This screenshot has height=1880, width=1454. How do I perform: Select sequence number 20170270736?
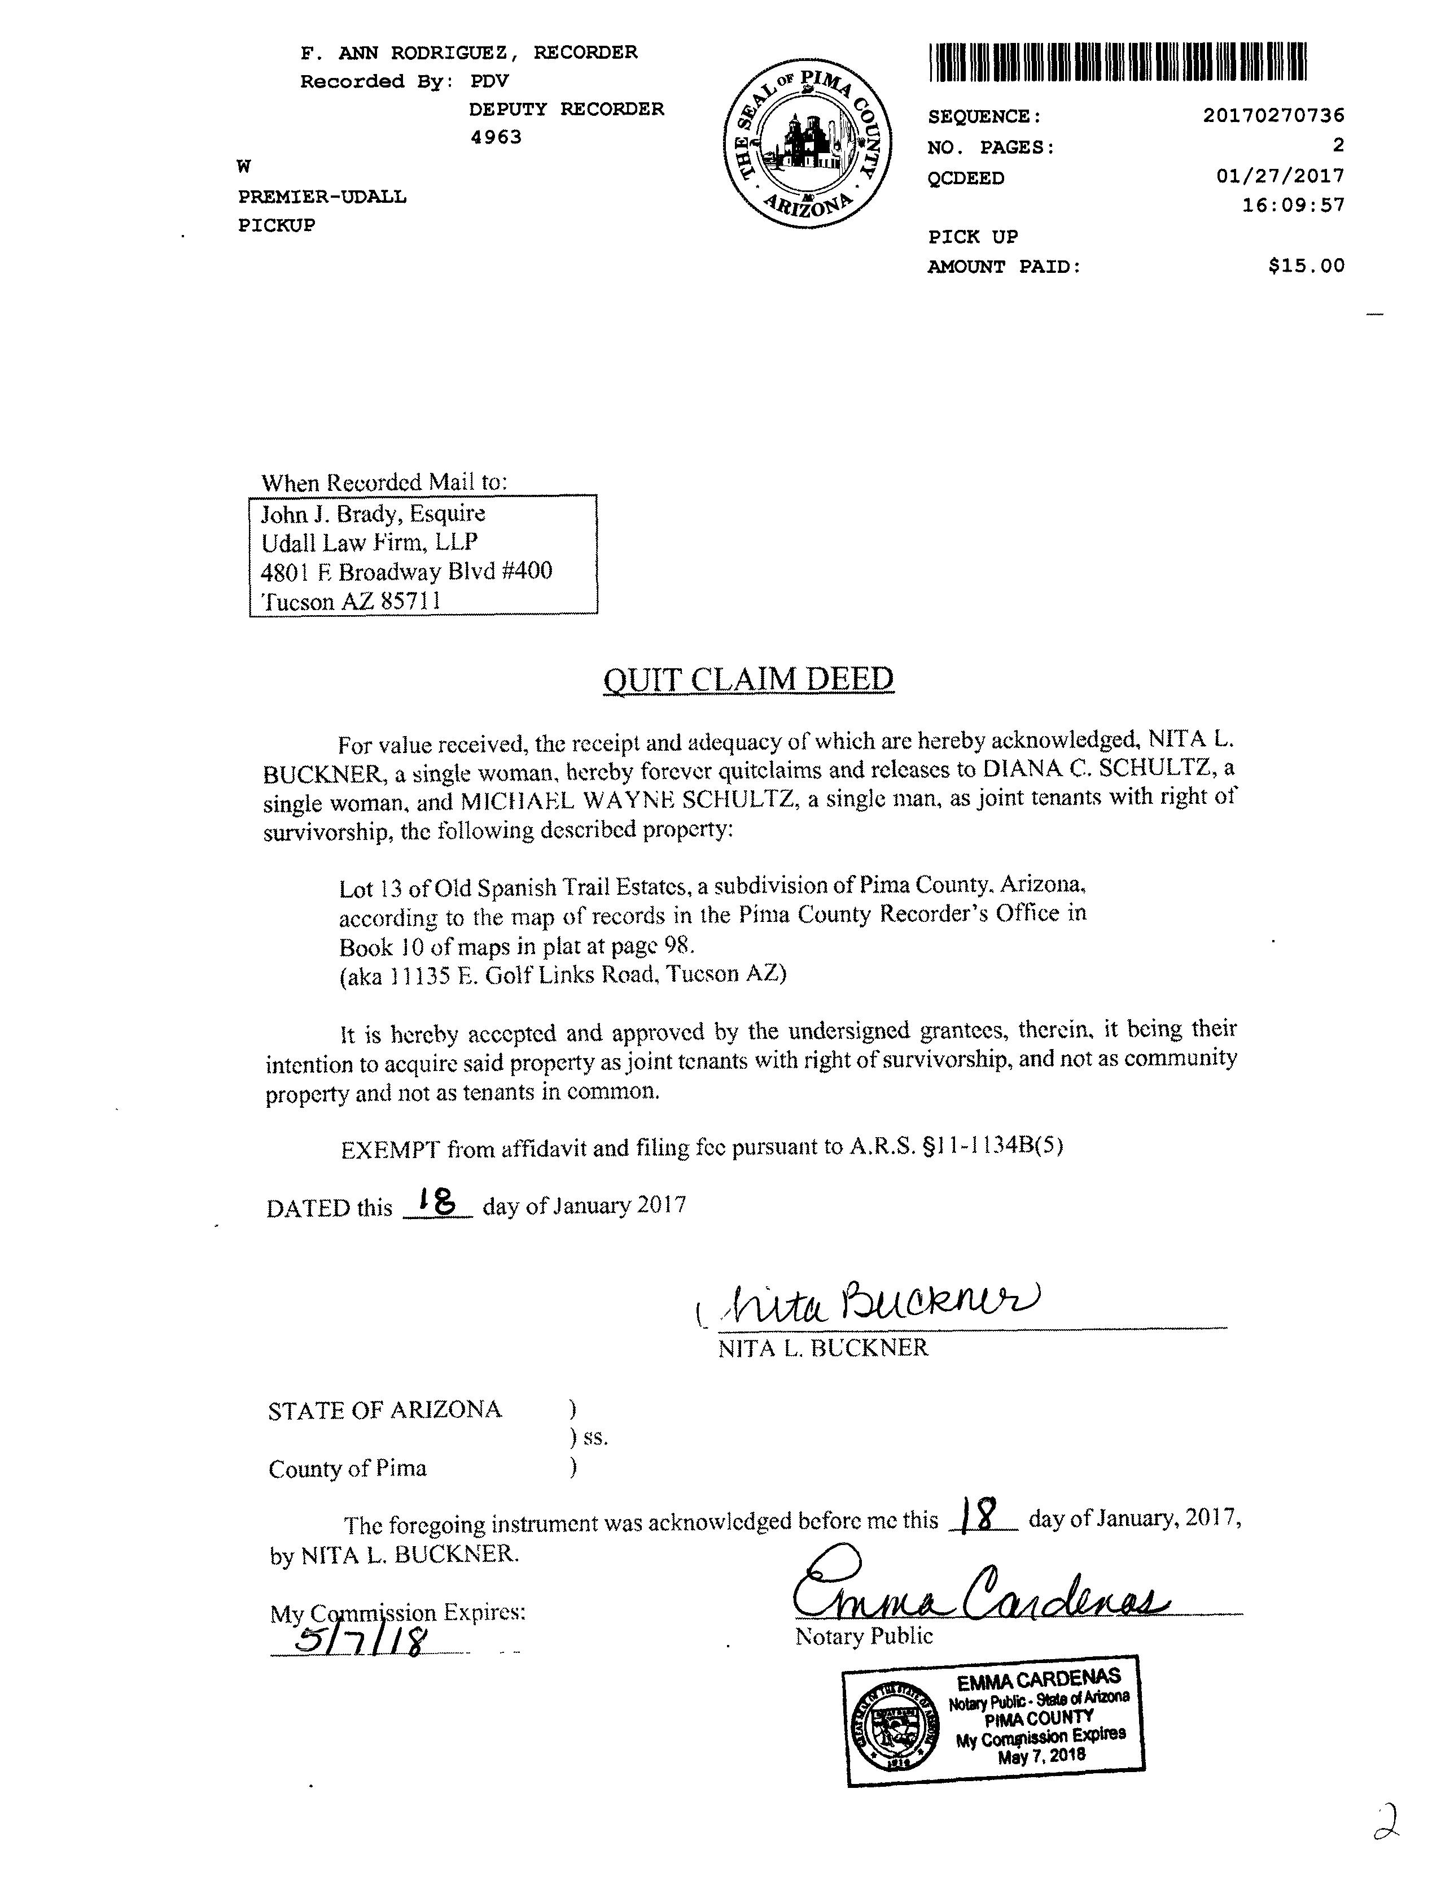pos(1273,115)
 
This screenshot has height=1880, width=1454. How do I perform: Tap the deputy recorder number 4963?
pos(496,137)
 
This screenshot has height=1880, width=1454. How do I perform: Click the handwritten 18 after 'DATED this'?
pos(435,1200)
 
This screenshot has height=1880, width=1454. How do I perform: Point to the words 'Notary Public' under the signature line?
pos(864,1635)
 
